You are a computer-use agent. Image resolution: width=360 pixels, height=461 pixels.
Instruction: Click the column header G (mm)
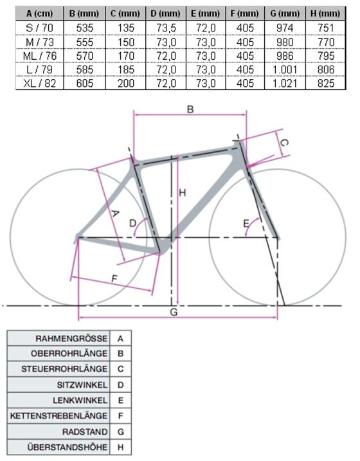click(285, 14)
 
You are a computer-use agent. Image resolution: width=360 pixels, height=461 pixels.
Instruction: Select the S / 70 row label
click(39, 28)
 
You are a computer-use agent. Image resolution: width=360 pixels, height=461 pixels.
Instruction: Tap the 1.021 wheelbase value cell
click(285, 83)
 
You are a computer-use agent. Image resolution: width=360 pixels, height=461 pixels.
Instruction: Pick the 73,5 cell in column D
click(166, 28)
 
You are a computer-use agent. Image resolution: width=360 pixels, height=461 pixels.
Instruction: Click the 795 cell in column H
click(326, 55)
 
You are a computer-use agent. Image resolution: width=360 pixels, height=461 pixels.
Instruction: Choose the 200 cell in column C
click(126, 83)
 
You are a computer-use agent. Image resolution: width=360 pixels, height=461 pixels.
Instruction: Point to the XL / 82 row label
click(39, 83)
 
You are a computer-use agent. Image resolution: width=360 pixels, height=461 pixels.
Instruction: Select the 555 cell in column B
click(85, 42)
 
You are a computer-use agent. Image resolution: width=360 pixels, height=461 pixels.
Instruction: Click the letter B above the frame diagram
click(190, 109)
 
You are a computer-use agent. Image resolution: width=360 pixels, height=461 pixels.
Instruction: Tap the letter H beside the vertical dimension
click(183, 193)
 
